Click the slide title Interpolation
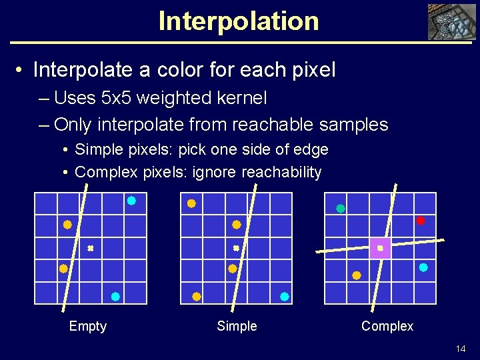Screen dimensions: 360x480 coord(239,21)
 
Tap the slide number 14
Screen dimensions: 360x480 coord(460,349)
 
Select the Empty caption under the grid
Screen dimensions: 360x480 coord(87,326)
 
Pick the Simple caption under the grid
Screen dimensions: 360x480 coord(237,326)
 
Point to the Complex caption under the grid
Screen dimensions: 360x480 coord(387,326)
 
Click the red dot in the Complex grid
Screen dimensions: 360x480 coord(420,221)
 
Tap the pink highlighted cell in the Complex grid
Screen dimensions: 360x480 coord(380,248)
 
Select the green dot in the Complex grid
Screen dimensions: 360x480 coord(341,208)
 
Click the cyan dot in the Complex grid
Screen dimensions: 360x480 coord(423,267)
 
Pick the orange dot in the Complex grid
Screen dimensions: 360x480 coord(357,275)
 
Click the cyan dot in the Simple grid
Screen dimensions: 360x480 coord(285,296)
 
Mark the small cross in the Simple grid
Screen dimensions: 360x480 coord(236,248)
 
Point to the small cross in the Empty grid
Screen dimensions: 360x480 coord(90,248)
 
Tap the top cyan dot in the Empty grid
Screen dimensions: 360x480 coord(131,201)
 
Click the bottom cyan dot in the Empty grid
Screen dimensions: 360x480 coord(115,296)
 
